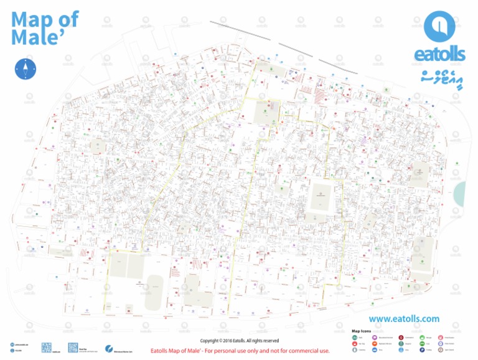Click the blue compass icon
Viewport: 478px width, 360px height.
pyautogui.click(x=24, y=68)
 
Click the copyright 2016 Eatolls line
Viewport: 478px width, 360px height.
pyautogui.click(x=239, y=341)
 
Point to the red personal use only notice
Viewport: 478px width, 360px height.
pyautogui.click(x=240, y=351)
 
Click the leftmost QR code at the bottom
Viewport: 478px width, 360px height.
pyautogui.click(x=45, y=347)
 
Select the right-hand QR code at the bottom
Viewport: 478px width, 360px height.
pyautogui.click(x=72, y=347)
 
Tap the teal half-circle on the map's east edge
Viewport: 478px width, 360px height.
pyautogui.click(x=459, y=192)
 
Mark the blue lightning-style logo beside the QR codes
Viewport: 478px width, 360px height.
pyautogui.click(x=109, y=348)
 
